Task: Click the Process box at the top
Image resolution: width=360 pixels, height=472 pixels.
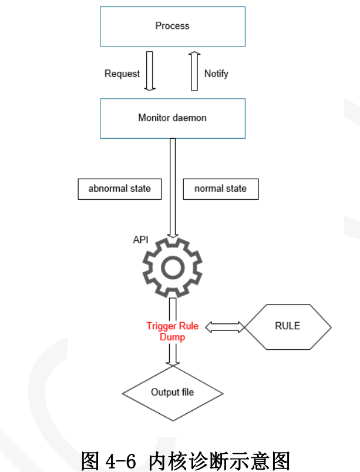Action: [172, 26]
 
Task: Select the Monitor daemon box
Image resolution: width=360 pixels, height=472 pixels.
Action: [172, 118]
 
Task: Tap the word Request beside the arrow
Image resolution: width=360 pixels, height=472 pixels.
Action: [122, 73]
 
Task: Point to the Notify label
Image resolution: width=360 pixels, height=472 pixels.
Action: [216, 73]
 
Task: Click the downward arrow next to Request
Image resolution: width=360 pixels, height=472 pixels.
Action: [150, 72]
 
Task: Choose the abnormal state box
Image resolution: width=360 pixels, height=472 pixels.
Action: [120, 189]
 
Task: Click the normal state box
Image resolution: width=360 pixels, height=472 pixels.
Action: [220, 189]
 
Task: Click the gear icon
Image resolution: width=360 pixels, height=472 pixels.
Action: [173, 267]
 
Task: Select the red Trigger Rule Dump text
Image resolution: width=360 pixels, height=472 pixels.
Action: [173, 332]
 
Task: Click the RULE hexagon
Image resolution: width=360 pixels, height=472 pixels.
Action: [287, 326]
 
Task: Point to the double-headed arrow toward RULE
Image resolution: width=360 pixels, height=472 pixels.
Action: [224, 326]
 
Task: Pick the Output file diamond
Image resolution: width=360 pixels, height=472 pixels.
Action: [173, 393]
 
